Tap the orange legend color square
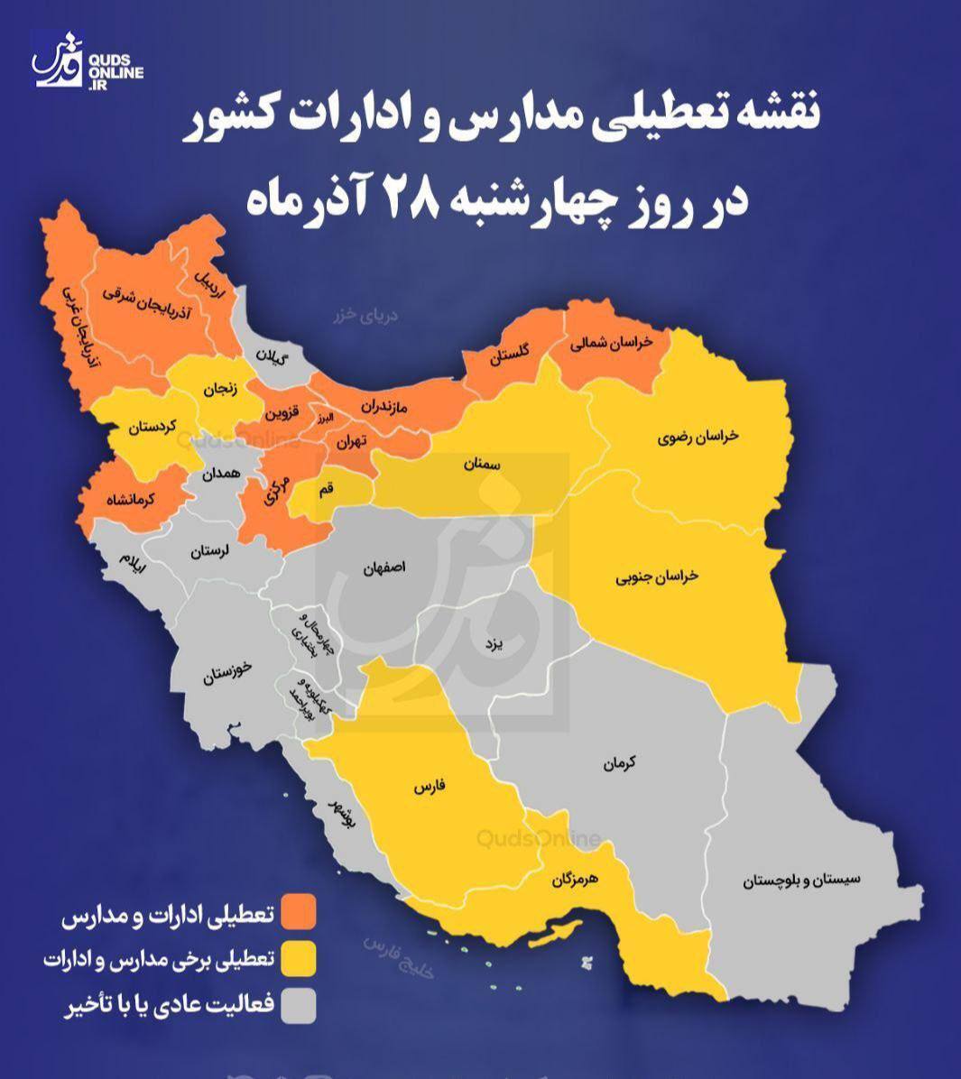(x=298, y=912)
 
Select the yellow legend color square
(x=298, y=959)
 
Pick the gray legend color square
(x=298, y=1006)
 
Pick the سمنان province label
(x=482, y=464)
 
